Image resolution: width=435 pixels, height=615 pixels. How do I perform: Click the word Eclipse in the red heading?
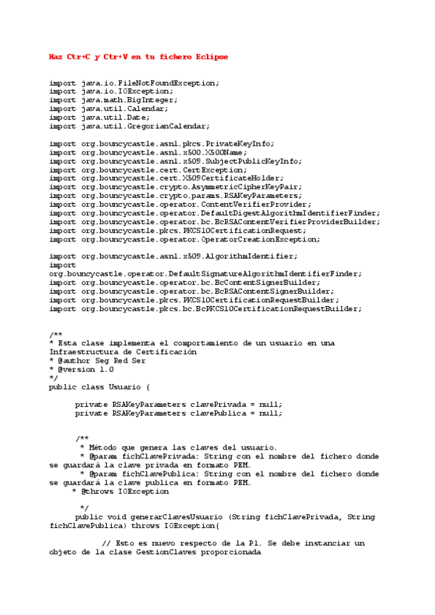point(209,57)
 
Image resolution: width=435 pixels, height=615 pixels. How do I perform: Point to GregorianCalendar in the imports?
point(170,126)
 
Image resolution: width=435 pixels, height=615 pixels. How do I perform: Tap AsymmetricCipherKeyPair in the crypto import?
point(241,187)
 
